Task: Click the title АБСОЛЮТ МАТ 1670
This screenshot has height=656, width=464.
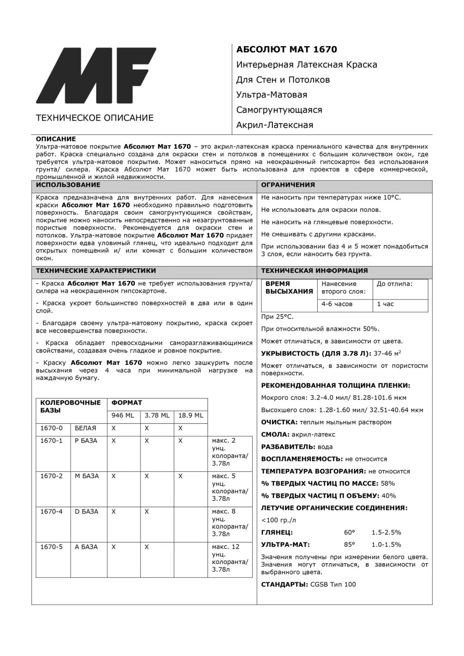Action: coord(286,49)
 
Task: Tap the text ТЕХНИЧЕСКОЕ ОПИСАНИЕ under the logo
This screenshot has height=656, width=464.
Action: coord(94,118)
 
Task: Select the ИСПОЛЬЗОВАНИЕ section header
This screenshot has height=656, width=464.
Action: coord(68,185)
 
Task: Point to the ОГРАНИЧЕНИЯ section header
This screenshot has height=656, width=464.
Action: coord(288,185)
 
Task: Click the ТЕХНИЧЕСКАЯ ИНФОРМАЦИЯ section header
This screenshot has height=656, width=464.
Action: coord(314,271)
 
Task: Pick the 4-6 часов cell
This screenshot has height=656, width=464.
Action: coord(337,304)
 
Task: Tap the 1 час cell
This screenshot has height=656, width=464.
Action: coord(385,304)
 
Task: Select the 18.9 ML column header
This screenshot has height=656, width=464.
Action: coord(191,415)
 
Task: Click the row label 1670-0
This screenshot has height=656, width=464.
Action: coord(52,428)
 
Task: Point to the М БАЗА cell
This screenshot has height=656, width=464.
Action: coord(87,476)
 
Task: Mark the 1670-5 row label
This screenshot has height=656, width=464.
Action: coord(52,547)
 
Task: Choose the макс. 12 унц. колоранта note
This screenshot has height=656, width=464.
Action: coord(230,558)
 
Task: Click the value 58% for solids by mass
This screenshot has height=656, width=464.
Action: coord(388,483)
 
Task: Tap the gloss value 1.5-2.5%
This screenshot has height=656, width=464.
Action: coord(386,532)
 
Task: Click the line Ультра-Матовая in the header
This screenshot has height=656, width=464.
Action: coord(272,95)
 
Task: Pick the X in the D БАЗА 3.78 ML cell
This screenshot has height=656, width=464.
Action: coord(147,511)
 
